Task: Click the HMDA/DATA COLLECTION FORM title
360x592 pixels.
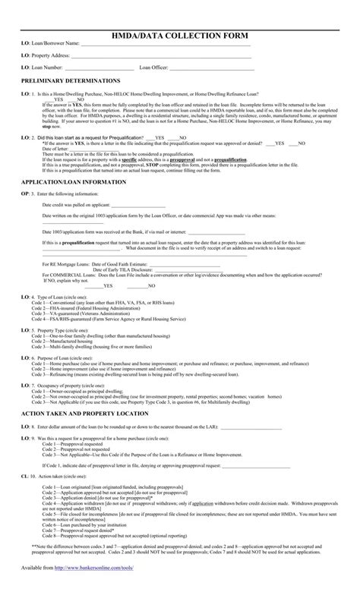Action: pyautogui.click(x=180, y=36)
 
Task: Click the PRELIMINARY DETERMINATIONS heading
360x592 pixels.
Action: pyautogui.click(x=70, y=80)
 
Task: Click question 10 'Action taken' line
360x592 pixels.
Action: pyautogui.click(x=57, y=496)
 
